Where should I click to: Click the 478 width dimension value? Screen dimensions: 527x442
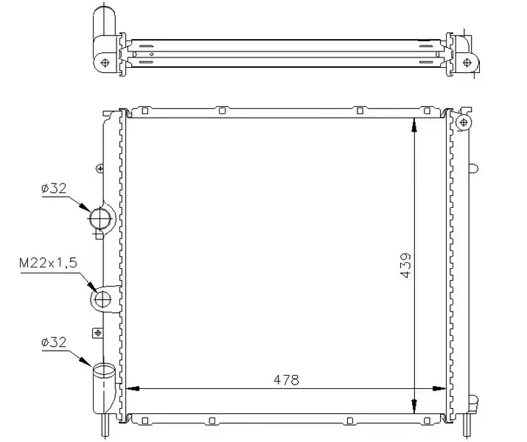tap(286, 380)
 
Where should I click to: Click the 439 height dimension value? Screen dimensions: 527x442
tap(405, 265)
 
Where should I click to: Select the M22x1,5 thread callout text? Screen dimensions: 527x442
tap(48, 263)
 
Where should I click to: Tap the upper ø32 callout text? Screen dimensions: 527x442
tap(54, 189)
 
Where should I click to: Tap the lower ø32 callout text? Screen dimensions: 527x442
tap(54, 343)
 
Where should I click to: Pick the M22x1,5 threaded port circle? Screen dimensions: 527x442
tap(102, 299)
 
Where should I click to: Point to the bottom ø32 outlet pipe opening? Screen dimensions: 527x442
tap(104, 370)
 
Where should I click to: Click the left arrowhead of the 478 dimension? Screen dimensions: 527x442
tap(133, 389)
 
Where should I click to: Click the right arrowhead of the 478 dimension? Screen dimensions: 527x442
tap(439, 389)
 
